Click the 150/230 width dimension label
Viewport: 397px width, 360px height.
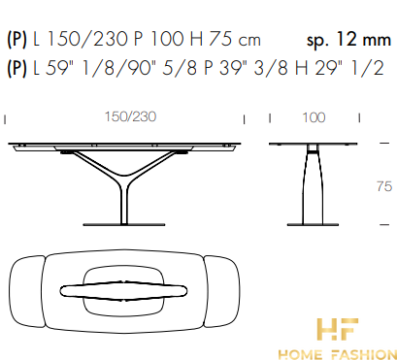point(130,116)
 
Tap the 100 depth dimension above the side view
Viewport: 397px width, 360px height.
point(314,117)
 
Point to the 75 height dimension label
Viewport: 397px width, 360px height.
point(384,186)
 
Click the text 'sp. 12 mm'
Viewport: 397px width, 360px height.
point(348,40)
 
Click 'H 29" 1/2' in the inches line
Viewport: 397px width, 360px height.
point(339,69)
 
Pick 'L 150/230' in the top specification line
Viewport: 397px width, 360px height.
point(81,40)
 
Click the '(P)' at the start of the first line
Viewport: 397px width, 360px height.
point(17,40)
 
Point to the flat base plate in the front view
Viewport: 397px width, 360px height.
point(124,224)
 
